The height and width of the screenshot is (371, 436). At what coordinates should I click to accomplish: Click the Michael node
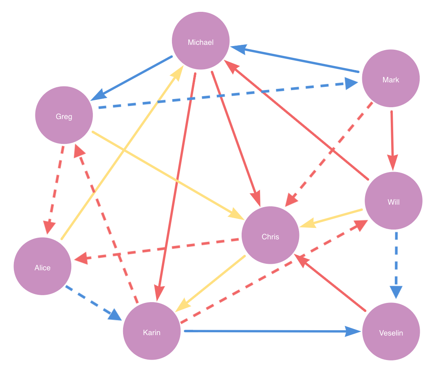coord(200,41)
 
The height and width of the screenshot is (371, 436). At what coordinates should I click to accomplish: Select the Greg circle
coord(64,115)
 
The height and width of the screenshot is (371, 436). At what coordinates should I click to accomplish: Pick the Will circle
coord(393,201)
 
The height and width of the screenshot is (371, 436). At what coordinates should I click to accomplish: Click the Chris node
coord(270,235)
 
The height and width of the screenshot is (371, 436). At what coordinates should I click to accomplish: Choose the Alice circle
coord(42,266)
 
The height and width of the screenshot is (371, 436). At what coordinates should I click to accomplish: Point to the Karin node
coord(152,331)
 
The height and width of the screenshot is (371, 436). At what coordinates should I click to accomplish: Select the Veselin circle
coord(391,331)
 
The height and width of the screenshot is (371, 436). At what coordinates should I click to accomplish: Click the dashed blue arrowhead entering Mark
coord(351,83)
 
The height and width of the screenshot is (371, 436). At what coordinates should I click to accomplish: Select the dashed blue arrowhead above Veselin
coord(396,292)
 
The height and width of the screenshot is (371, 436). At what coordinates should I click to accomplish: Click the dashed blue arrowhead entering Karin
coord(115,315)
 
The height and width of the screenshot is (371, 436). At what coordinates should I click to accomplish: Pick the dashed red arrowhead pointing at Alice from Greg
coord(50,227)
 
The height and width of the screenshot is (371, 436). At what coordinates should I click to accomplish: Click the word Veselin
coord(391,333)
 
